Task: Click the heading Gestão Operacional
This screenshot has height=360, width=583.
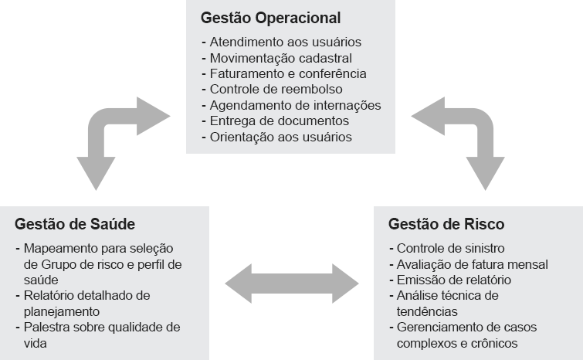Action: point(271,18)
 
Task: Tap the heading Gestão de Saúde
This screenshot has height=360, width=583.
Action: point(75,224)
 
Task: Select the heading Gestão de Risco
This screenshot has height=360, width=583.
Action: point(446,224)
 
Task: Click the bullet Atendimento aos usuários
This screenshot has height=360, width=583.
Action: point(281,42)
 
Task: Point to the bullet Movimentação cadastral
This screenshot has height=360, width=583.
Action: point(277,58)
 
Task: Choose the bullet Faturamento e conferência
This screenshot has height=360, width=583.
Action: point(284,73)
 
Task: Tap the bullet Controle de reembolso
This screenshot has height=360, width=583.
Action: point(272,90)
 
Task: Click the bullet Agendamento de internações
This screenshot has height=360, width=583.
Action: point(292,105)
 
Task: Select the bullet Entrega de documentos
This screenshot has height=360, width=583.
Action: point(276,121)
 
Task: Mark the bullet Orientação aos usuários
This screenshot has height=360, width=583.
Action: point(277,137)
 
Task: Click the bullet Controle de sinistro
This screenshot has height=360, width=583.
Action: point(447,248)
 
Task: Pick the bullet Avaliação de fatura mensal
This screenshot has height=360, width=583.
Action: point(469,264)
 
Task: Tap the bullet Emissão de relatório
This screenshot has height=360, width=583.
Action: point(450,280)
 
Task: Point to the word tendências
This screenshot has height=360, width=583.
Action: point(427,311)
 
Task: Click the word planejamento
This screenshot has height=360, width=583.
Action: point(62,311)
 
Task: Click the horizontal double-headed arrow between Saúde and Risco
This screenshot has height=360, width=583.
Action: point(292,284)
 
